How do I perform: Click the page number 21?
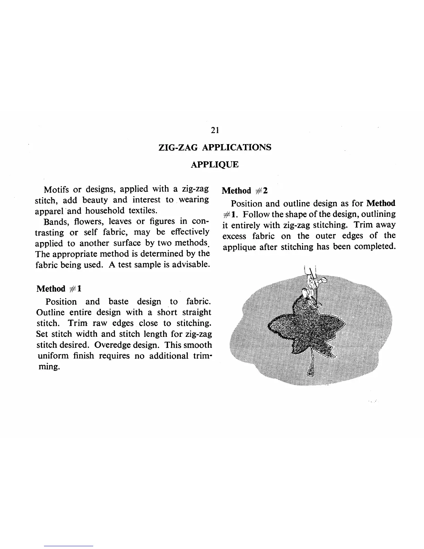tap(215, 131)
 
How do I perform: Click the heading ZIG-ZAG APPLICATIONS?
tap(215, 147)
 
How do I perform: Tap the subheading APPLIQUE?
tap(215, 164)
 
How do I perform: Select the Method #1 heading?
tap(59, 289)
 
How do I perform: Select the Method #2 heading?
tap(245, 191)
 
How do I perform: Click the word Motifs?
tap(57, 189)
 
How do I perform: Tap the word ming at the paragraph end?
tap(48, 366)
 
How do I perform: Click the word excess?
tap(234, 236)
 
